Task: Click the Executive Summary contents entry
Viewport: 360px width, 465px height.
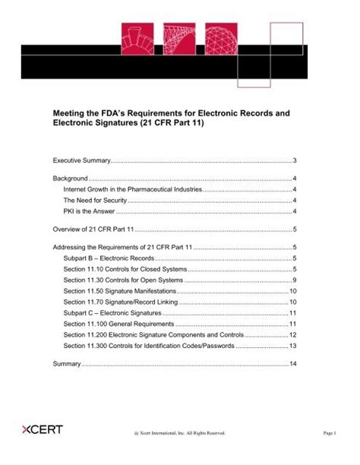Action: click(82, 161)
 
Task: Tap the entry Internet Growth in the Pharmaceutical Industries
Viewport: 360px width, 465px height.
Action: click(132, 189)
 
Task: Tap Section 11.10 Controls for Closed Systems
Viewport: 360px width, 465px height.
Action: click(125, 270)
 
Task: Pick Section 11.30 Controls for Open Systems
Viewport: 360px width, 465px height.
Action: click(122, 280)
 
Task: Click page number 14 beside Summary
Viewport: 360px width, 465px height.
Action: click(293, 365)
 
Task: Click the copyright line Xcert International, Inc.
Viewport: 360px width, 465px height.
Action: click(179, 434)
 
